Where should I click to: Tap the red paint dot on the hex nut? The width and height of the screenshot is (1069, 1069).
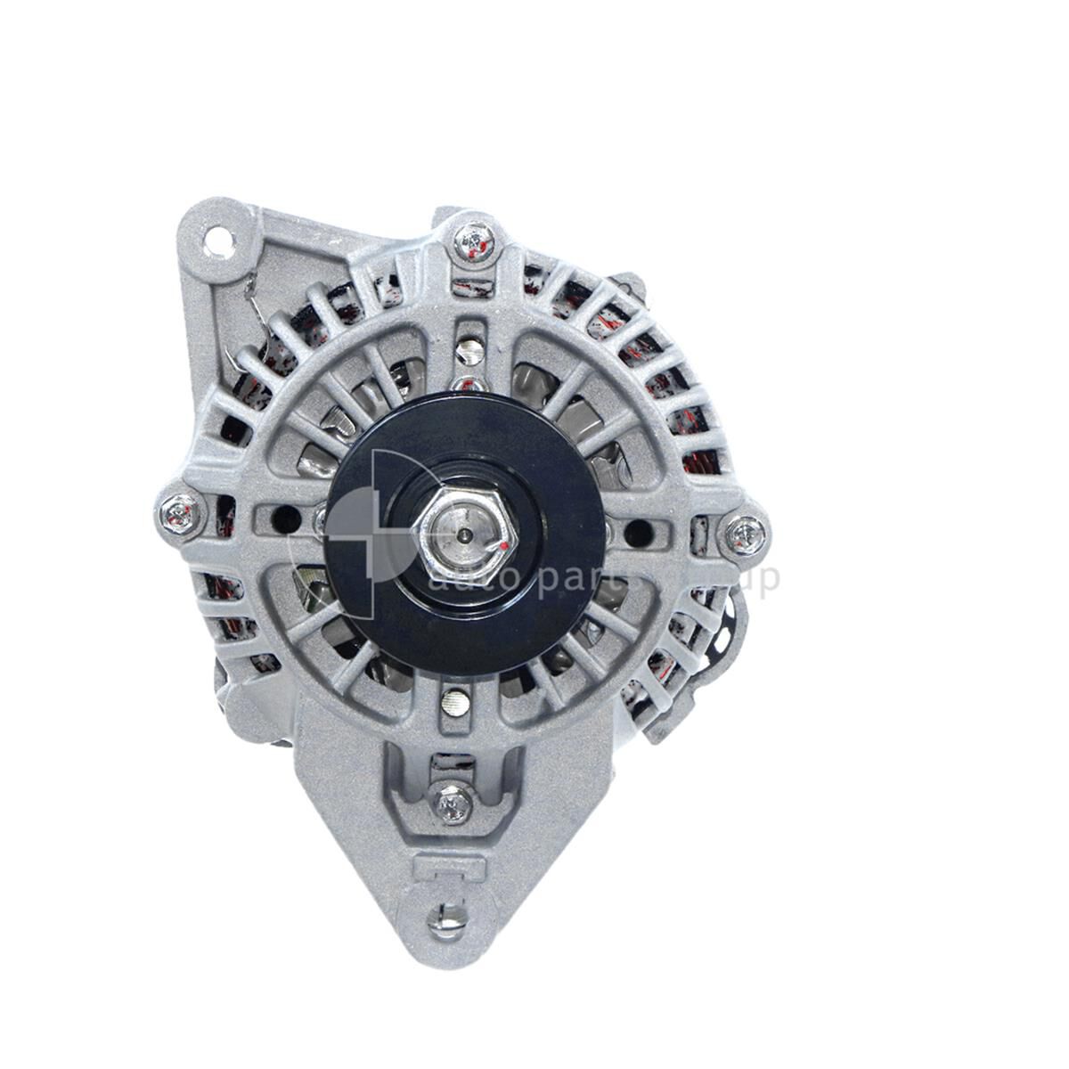tap(505, 543)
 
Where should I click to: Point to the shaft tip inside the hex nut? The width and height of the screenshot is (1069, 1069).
tap(467, 535)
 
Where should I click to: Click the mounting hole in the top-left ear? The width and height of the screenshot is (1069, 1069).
tap(216, 239)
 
